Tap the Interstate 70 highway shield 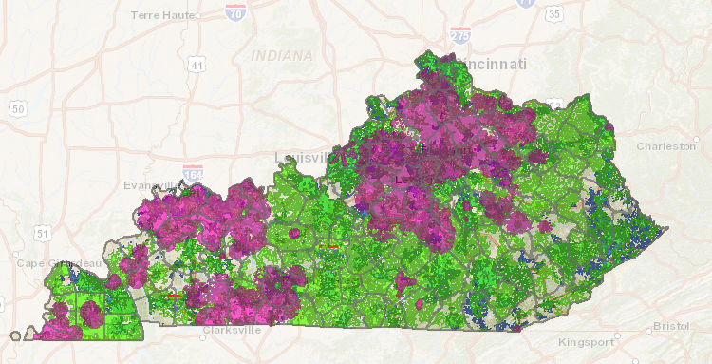[x=235, y=11]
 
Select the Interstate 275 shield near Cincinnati [x=460, y=36]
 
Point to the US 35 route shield [x=554, y=14]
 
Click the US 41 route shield [x=197, y=65]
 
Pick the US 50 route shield [x=17, y=109]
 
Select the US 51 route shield [x=42, y=232]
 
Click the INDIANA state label [x=282, y=56]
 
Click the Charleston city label [x=665, y=146]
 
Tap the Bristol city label [x=674, y=327]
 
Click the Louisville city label [x=302, y=156]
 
